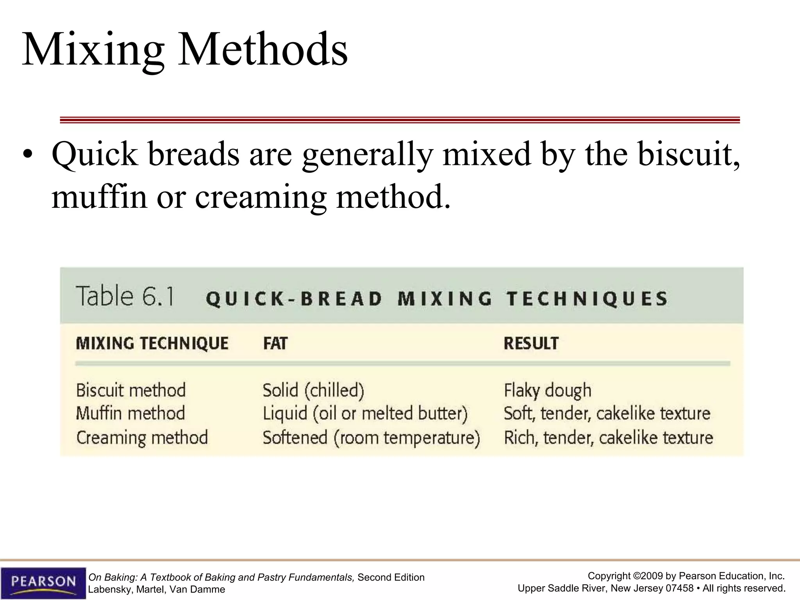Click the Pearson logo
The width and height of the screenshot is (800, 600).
(43, 582)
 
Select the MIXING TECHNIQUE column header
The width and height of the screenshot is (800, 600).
(152, 343)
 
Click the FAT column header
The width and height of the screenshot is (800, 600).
(275, 344)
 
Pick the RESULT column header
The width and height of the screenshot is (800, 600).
(531, 343)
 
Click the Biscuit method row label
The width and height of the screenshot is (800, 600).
(131, 390)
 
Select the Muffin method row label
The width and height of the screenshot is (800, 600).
(130, 413)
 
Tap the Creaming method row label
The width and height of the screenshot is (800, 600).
(142, 437)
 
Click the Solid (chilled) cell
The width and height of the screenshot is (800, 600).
(313, 390)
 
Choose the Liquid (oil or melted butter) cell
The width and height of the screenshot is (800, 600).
(365, 413)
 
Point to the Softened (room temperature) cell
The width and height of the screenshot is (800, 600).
(371, 437)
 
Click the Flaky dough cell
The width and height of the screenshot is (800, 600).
(548, 390)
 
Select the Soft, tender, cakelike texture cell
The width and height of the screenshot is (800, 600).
(607, 413)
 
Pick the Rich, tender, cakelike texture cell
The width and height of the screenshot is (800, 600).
(609, 437)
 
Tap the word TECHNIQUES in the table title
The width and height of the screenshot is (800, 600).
(587, 299)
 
